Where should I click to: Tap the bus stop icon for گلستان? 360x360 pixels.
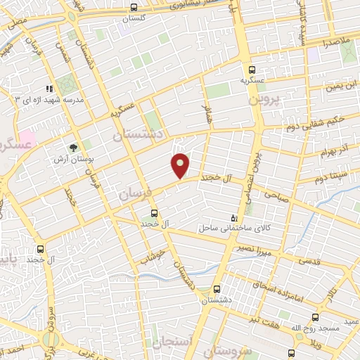134,8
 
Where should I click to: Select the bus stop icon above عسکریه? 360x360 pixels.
252,70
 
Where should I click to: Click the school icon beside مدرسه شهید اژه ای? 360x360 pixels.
49,89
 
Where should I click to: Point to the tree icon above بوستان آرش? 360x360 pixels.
73,148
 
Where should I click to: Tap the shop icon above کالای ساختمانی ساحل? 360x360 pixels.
234,218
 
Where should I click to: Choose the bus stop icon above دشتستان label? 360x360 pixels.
216,289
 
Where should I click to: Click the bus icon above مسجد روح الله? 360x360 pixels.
314,317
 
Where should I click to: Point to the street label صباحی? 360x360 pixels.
276,199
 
